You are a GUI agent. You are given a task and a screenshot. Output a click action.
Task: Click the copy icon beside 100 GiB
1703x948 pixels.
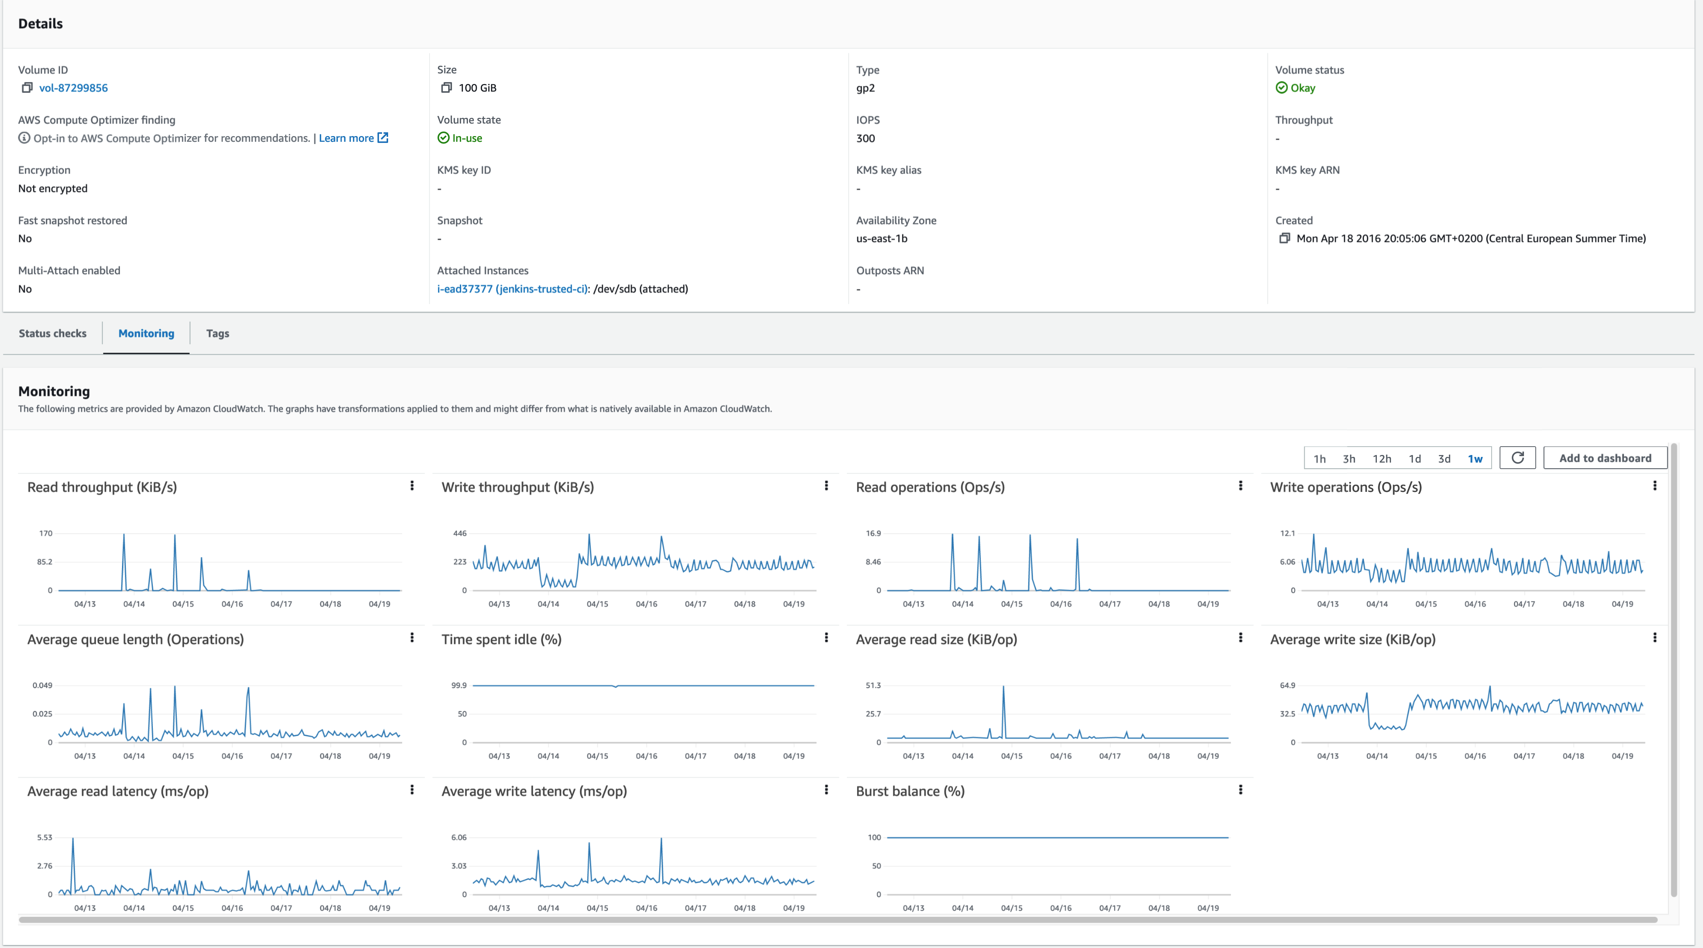[x=446, y=88]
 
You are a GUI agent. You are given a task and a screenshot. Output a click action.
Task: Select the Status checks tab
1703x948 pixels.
[x=52, y=333]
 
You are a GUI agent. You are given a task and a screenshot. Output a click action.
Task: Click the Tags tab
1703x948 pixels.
[x=217, y=333]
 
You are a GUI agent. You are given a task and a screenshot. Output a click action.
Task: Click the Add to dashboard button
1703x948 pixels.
[x=1605, y=458]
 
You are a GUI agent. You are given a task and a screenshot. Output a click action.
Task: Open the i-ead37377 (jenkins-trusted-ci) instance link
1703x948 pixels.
[x=512, y=289]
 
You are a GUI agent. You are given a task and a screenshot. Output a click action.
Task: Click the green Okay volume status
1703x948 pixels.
[x=1302, y=88]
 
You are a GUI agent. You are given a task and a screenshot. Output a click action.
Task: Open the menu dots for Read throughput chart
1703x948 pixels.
[x=412, y=486]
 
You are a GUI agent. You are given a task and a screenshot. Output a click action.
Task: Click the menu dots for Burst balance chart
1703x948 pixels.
[x=1240, y=790]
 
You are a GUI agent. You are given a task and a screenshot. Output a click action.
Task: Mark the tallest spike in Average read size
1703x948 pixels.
[x=1004, y=688]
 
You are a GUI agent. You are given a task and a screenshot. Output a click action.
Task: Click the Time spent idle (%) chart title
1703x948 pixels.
[x=501, y=639]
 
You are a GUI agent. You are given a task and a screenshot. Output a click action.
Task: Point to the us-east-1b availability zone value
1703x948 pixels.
[x=881, y=239]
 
